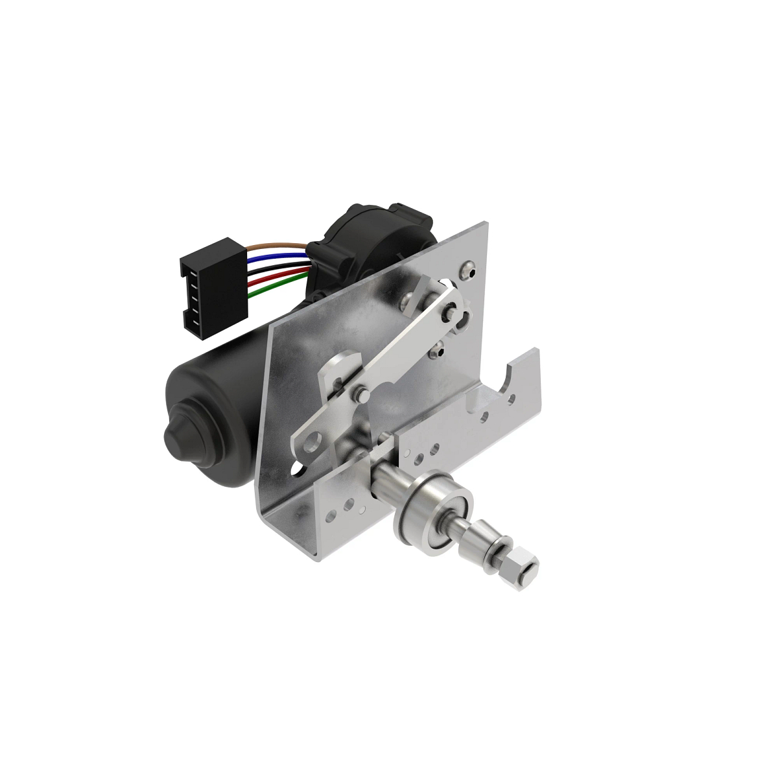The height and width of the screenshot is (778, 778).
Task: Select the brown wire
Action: coord(279,246)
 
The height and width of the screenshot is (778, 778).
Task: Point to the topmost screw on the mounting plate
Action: coord(468,266)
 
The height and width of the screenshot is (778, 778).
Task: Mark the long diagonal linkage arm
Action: coord(402,350)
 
